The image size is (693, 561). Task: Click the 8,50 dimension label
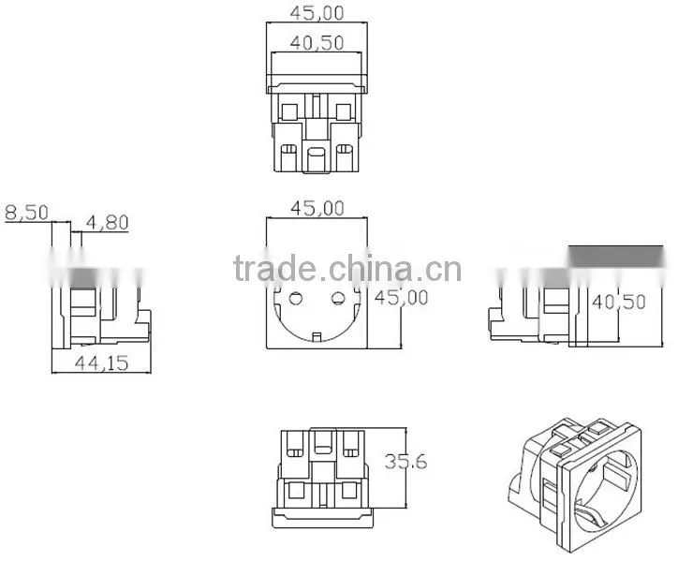(x=26, y=214)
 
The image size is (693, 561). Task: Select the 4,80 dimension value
(x=108, y=222)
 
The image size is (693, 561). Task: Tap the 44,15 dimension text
(x=102, y=363)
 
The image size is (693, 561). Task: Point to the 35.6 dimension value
(x=405, y=462)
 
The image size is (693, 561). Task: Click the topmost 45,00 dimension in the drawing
(x=317, y=13)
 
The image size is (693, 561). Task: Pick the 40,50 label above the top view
(x=317, y=43)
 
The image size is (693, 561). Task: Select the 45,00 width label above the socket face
(x=317, y=209)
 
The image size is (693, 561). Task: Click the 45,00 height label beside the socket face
(x=402, y=298)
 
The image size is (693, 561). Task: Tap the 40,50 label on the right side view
(x=619, y=302)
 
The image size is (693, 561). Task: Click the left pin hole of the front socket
(x=296, y=299)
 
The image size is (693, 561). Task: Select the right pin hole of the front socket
(x=338, y=299)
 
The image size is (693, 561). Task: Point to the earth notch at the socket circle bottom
(x=317, y=337)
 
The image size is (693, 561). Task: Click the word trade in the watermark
(x=274, y=269)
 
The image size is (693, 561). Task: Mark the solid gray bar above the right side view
(x=615, y=257)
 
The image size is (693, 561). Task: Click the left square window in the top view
(x=289, y=111)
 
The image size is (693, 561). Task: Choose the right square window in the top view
(x=344, y=111)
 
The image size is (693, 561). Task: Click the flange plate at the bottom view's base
(x=323, y=518)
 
